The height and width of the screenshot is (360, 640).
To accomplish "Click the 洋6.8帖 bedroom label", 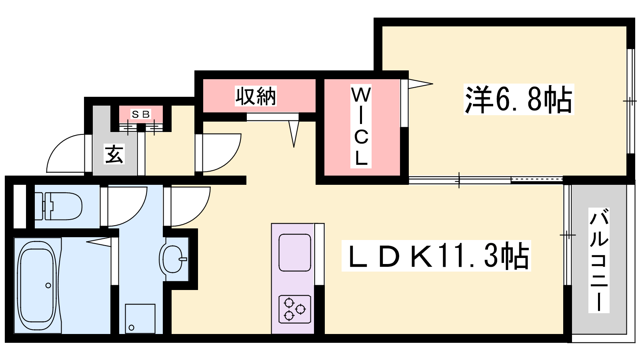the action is (519, 99).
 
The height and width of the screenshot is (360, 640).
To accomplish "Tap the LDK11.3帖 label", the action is (436, 256).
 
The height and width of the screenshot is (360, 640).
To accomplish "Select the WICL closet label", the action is (361, 126).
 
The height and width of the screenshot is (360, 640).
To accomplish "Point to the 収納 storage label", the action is (256, 96).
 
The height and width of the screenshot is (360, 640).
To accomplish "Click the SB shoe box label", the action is (140, 114).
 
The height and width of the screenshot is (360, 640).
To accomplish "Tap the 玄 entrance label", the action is (114, 154).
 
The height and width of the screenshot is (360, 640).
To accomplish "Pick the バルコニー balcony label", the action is (599, 260).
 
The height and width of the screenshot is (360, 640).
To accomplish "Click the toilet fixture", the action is (58, 206).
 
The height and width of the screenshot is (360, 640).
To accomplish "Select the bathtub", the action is (38, 286).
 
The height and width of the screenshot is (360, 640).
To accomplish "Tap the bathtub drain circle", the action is (48, 286).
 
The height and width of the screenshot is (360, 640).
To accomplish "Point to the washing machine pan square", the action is (140, 318).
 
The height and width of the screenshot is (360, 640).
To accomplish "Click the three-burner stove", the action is (294, 310).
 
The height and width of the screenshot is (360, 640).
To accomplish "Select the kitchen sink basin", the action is (294, 252).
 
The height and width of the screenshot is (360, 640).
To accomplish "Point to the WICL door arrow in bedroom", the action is (420, 84).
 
